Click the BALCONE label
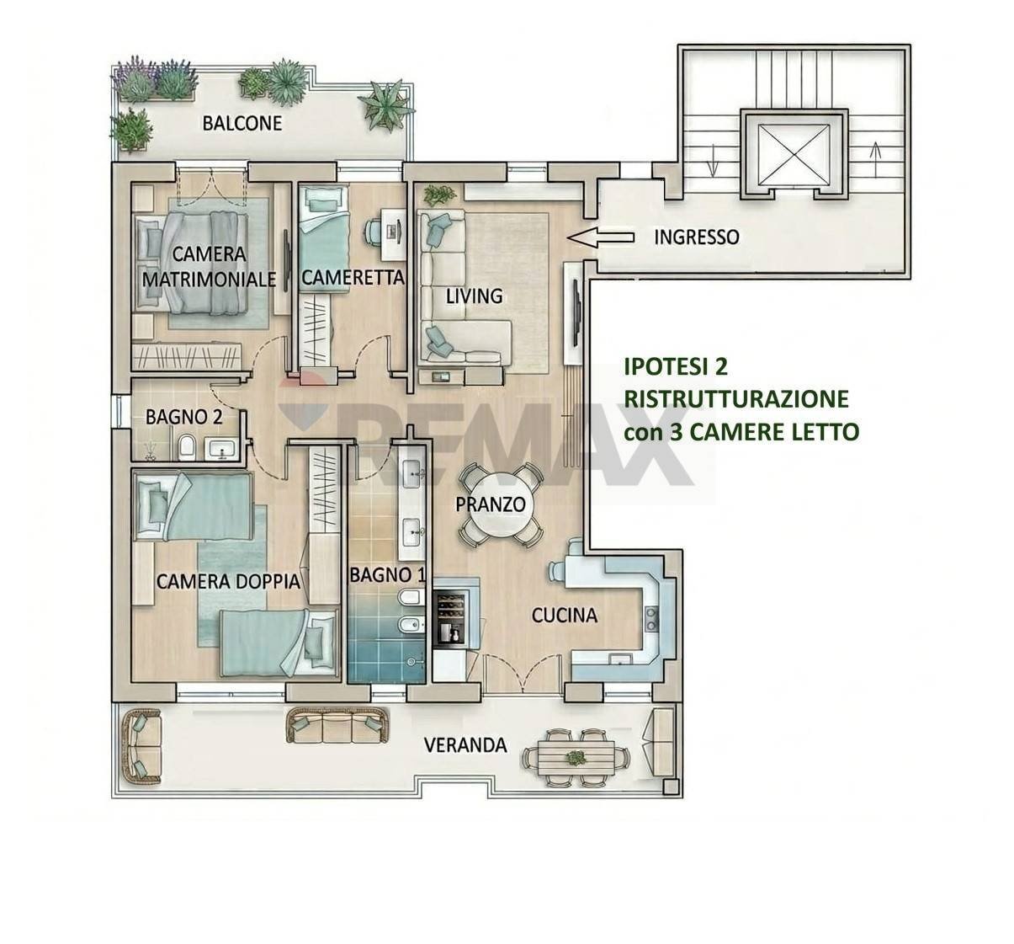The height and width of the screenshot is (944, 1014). pyautogui.click(x=242, y=123)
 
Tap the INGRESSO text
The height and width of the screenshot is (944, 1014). pyautogui.click(x=697, y=237)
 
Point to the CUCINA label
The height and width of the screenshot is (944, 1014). pyautogui.click(x=564, y=616)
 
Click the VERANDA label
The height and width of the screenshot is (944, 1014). pyautogui.click(x=465, y=745)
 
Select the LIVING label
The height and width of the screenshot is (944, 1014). pyautogui.click(x=473, y=296)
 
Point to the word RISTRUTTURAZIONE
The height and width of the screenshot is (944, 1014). pyautogui.click(x=735, y=398)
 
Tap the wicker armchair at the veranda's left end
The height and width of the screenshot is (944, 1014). pyautogui.click(x=140, y=741)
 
